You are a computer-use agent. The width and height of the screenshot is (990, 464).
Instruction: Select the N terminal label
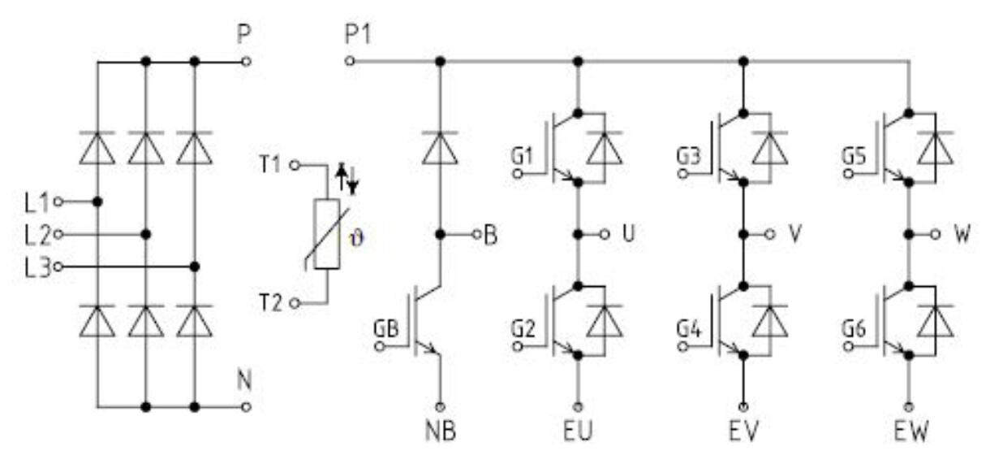(x=243, y=379)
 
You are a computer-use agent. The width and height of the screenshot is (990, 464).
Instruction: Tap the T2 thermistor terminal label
(x=271, y=303)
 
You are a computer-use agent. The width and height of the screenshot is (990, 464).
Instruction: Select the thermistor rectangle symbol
(x=326, y=232)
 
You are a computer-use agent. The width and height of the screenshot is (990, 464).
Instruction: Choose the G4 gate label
(x=687, y=330)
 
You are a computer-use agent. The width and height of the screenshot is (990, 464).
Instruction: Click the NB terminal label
(x=441, y=431)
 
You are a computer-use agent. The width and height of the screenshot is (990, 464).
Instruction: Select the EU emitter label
(x=579, y=431)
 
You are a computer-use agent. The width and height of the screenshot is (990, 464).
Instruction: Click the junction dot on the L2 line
(x=146, y=234)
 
